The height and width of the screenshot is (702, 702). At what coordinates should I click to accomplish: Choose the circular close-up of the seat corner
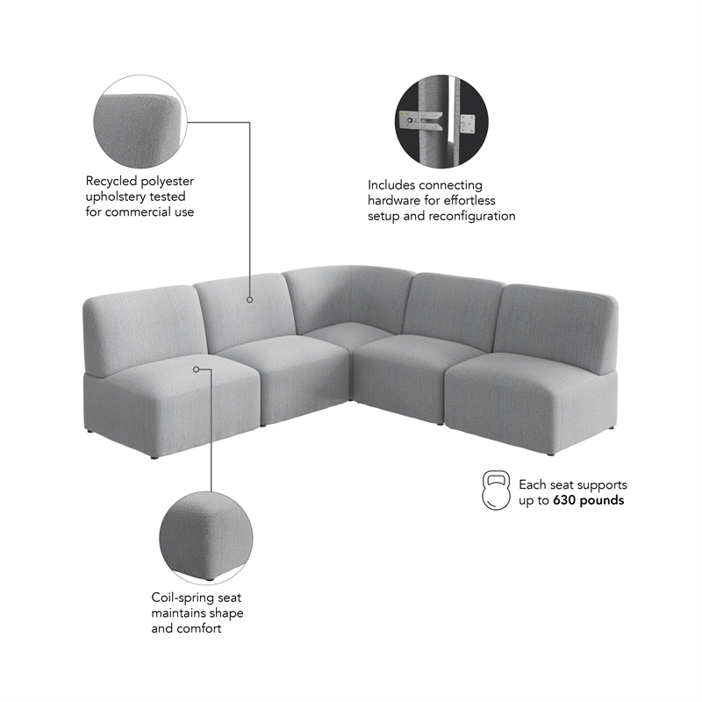tap(205, 536)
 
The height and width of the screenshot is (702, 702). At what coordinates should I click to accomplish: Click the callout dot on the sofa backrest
tap(249, 300)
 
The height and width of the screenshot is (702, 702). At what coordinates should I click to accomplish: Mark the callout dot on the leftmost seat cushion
tap(197, 369)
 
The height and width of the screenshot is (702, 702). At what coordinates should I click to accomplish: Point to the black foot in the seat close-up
tap(209, 579)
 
